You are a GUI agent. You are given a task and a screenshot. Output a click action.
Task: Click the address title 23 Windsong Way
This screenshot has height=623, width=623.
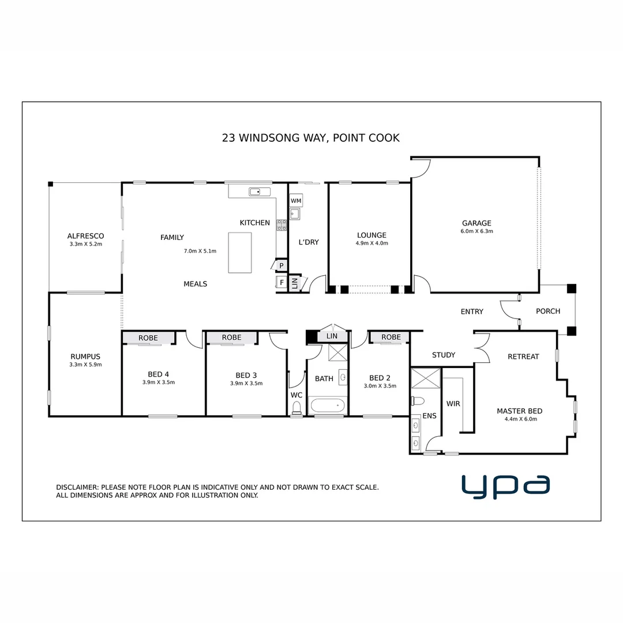click(310, 138)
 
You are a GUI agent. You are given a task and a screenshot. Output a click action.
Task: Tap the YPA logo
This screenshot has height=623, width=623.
click(505, 486)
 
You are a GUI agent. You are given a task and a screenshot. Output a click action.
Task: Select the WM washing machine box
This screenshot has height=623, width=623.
click(296, 200)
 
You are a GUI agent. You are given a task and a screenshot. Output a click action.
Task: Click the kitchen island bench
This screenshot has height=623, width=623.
click(240, 253)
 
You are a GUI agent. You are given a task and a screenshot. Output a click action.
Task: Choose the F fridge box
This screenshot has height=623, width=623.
click(282, 282)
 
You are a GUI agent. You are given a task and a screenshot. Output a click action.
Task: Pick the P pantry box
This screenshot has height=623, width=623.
click(281, 265)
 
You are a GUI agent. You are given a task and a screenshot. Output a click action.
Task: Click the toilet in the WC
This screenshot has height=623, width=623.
click(297, 408)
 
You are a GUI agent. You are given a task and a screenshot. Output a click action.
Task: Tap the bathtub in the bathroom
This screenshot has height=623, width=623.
click(327, 406)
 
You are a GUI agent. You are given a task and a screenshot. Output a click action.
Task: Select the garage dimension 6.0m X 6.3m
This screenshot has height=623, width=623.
click(476, 231)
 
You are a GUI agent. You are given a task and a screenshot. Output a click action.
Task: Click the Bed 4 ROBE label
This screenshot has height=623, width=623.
click(148, 337)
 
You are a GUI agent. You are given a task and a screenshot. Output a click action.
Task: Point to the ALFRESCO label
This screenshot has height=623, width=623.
click(85, 236)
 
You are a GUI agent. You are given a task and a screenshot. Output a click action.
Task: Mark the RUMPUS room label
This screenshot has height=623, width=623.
click(85, 356)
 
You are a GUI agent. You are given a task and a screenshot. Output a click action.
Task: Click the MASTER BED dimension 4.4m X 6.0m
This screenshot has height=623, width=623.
click(520, 419)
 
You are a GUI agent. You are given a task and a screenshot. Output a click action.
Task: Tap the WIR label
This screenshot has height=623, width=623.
click(453, 404)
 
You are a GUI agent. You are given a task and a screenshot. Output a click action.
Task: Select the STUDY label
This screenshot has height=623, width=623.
click(443, 355)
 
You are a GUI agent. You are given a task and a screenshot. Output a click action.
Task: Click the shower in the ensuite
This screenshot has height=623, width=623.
click(425, 378)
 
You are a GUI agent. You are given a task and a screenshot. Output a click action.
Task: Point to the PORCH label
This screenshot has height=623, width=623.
click(547, 311)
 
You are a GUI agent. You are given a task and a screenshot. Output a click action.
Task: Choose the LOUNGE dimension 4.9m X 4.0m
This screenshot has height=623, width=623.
click(371, 243)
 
